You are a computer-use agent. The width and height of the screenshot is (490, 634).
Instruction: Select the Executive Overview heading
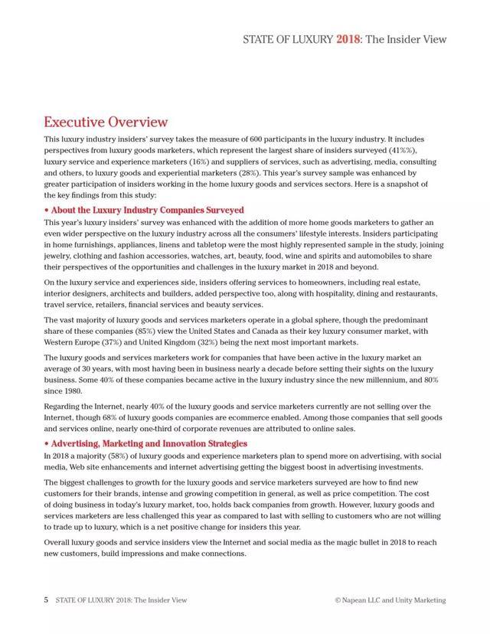click(106, 122)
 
